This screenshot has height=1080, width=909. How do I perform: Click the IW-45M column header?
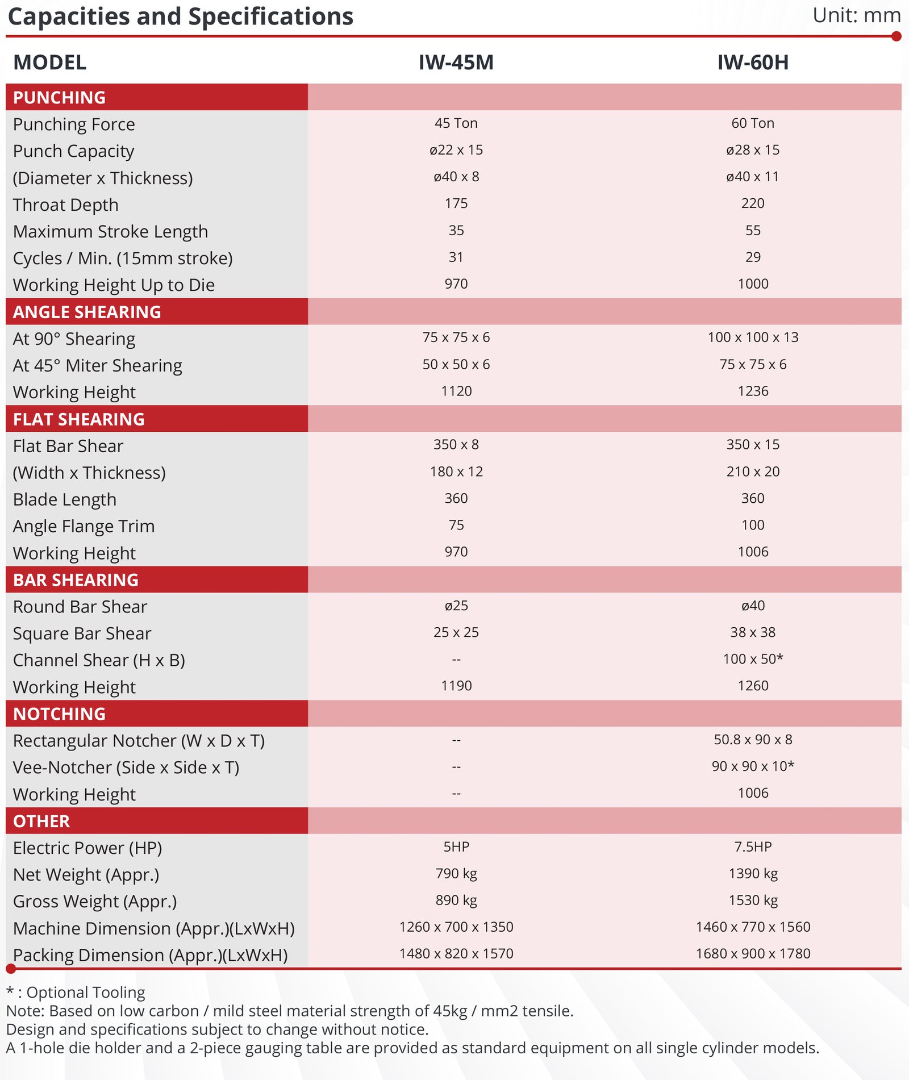pyautogui.click(x=456, y=62)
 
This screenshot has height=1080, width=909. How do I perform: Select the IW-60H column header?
pyautogui.click(x=753, y=62)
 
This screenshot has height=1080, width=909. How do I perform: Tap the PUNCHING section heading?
pyautogui.click(x=59, y=97)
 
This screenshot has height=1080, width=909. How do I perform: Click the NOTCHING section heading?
pyautogui.click(x=59, y=714)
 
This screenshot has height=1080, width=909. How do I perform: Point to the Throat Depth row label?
pyautogui.click(x=66, y=205)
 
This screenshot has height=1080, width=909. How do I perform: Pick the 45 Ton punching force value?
pyautogui.click(x=456, y=123)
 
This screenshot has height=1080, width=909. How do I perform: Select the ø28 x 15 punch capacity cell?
pyautogui.click(x=753, y=150)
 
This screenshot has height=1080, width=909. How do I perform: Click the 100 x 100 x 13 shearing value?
pyautogui.click(x=753, y=337)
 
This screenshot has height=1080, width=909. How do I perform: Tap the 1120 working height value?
pyautogui.click(x=456, y=391)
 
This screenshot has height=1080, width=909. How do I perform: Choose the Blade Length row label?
pyautogui.click(x=65, y=499)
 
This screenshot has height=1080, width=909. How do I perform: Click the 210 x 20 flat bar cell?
pyautogui.click(x=753, y=472)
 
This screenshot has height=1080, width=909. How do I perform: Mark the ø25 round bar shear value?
pyautogui.click(x=456, y=606)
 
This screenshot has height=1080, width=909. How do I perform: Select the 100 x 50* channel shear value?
pyautogui.click(x=753, y=659)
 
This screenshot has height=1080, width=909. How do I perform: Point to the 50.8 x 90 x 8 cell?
pyautogui.click(x=753, y=740)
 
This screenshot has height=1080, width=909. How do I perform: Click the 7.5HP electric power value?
pyautogui.click(x=753, y=847)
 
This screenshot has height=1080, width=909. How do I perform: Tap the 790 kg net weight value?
pyautogui.click(x=456, y=873)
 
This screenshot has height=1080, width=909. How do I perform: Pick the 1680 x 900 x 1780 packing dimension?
pyautogui.click(x=753, y=953)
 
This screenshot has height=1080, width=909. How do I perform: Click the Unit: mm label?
pyautogui.click(x=856, y=15)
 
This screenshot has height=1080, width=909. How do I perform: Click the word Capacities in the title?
pyautogui.click(x=69, y=16)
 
